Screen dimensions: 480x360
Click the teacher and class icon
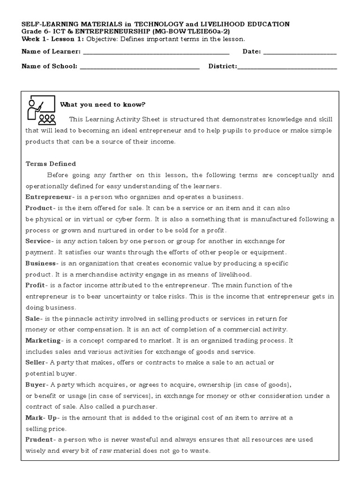point(41,109)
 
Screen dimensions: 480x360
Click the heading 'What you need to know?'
point(103,105)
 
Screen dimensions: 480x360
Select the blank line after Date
point(300,53)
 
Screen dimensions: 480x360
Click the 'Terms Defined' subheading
point(51,164)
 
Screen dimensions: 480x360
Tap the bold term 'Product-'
point(41,208)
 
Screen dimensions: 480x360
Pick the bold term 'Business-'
point(43,263)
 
